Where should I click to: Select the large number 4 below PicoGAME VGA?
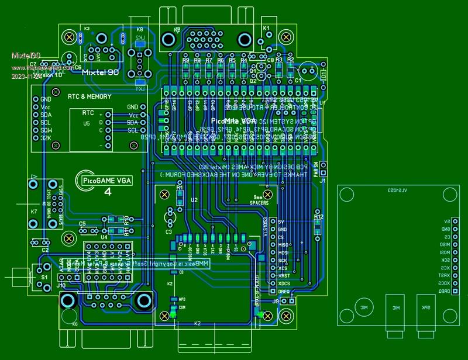tap(108, 192)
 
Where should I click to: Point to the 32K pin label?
tap(46, 137)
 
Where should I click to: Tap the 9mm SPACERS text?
tap(259, 200)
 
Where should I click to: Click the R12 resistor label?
tap(318, 217)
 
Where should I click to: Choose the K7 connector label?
tap(34, 212)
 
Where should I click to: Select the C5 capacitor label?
tap(82, 224)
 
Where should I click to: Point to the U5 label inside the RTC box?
tap(87, 124)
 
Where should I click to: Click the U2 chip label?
tap(194, 200)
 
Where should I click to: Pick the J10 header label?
tap(61, 285)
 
